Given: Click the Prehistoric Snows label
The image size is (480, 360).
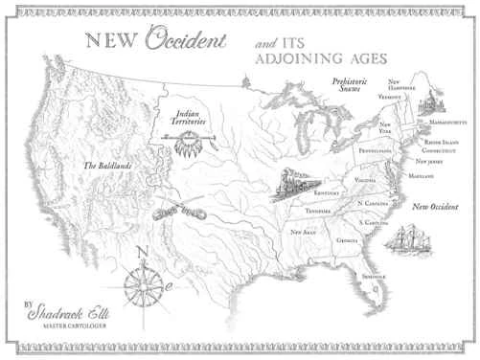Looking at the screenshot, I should [x=349, y=86].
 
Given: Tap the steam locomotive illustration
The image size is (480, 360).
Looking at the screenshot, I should [x=290, y=185].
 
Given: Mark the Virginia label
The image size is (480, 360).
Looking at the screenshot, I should [x=365, y=180].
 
